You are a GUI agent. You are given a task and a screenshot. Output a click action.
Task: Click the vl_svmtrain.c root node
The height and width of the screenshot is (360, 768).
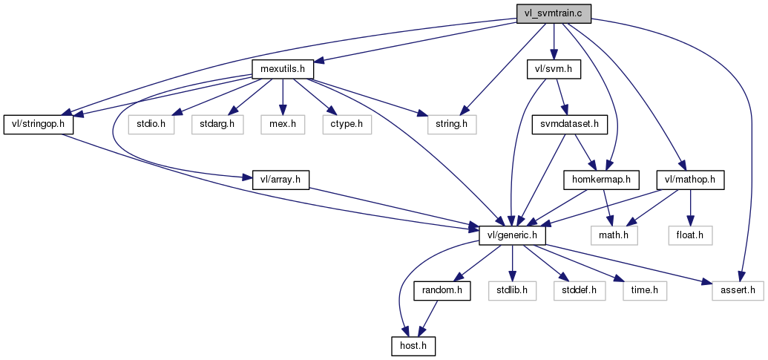click(x=554, y=13)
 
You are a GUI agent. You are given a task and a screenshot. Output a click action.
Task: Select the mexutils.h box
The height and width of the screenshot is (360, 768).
click(x=283, y=69)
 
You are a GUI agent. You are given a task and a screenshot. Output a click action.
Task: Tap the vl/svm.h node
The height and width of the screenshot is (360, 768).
click(x=553, y=69)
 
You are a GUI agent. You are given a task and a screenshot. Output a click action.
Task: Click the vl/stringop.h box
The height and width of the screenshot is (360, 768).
click(x=39, y=124)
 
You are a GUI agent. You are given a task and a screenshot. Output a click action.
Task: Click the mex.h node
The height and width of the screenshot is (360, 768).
click(x=282, y=124)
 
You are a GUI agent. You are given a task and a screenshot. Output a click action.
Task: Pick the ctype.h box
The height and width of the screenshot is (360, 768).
click(x=347, y=124)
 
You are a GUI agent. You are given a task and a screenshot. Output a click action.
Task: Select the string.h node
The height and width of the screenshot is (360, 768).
click(x=451, y=124)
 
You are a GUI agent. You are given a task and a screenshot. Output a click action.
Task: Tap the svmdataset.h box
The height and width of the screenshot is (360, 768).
click(x=569, y=124)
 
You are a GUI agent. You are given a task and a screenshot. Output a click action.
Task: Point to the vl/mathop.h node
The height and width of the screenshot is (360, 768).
click(x=690, y=179)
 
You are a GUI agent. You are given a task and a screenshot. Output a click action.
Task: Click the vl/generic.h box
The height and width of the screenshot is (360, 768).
click(x=513, y=235)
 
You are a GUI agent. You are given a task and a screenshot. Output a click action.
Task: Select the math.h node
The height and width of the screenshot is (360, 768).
click(x=614, y=235)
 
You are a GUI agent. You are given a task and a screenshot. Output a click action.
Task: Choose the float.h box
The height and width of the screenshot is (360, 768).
click(x=690, y=235)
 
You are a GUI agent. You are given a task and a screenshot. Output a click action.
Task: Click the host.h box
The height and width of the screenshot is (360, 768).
click(x=413, y=345)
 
